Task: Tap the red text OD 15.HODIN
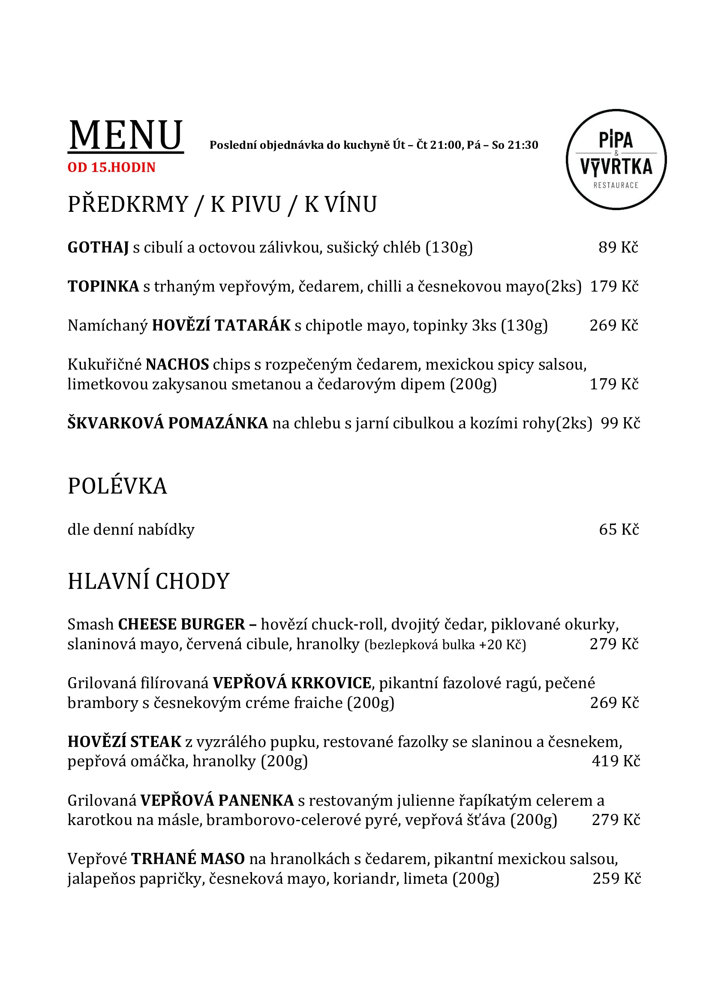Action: pos(111,167)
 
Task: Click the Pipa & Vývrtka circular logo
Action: pos(616,160)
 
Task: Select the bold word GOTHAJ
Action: pos(98,248)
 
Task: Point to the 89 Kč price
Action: pos(618,247)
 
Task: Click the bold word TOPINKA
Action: pos(103,286)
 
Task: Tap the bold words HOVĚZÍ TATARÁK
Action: pos(221,325)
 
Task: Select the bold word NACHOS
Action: pos(177,364)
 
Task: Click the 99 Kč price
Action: pos(620,423)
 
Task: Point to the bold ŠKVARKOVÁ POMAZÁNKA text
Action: pos(168,423)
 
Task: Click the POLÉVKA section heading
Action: pos(117,486)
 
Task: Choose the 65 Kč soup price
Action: pos(619,529)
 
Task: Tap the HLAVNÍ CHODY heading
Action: pos(148,581)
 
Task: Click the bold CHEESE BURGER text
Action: pos(182,624)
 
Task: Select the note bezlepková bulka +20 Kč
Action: pos(445,645)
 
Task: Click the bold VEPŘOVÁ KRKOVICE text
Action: pos(291,683)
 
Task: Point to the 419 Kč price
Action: pos(616,761)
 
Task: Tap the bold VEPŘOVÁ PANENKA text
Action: pos(217,800)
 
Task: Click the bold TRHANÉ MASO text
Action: pos(188,859)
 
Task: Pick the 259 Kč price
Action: pos(616,879)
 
